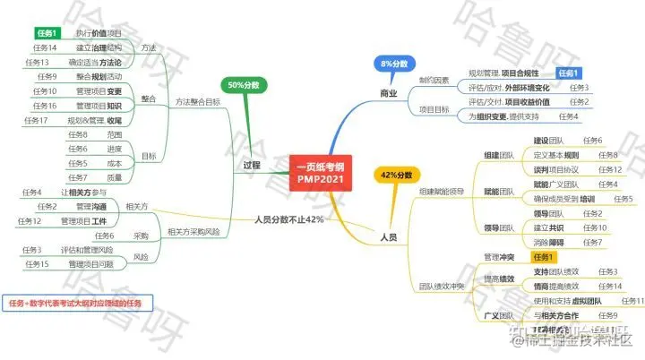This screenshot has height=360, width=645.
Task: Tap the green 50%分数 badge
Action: pyautogui.click(x=243, y=84)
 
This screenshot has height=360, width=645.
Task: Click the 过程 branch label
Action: pyautogui.click(x=252, y=166)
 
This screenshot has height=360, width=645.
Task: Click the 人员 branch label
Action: pyautogui.click(x=389, y=236)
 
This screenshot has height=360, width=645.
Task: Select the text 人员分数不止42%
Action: pyautogui.click(x=288, y=219)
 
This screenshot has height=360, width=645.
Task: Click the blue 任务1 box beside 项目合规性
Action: pyautogui.click(x=569, y=73)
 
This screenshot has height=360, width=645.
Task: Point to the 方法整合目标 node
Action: pyautogui.click(x=198, y=101)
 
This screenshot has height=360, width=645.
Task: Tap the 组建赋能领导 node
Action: pyautogui.click(x=441, y=191)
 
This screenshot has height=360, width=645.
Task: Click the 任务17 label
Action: pyautogui.click(x=36, y=120)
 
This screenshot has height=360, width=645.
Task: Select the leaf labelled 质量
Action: pyautogui.click(x=115, y=177)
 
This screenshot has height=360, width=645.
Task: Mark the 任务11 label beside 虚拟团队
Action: pyautogui.click(x=632, y=300)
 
